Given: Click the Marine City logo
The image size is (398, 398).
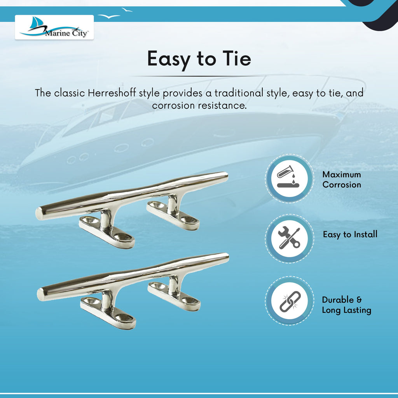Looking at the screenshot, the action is click(54, 27).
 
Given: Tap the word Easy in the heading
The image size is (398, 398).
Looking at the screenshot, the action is click(169, 59).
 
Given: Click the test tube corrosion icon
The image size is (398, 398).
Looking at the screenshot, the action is click(289, 178).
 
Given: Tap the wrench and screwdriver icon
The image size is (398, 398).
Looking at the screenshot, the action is click(289, 238).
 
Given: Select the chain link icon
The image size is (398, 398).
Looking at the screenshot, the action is click(289, 301).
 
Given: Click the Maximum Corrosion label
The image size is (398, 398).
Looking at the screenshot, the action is click(342, 180).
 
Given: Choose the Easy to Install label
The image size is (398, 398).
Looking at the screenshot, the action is click(350, 234).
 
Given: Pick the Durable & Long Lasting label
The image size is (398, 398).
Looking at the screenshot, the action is click(346, 305).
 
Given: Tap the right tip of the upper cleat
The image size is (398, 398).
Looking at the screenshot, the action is click(227, 175).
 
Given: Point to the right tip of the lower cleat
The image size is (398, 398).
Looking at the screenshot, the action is click(228, 257).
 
